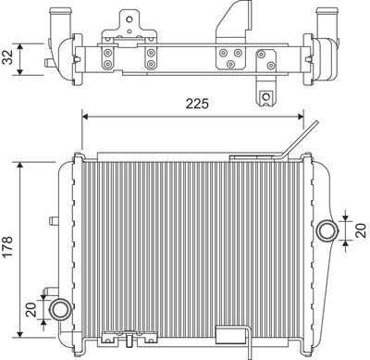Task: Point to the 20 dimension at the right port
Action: tap(356, 230)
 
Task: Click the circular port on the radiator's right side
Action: tap(325, 230)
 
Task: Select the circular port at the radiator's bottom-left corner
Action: tap(60, 309)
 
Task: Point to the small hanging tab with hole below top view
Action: tap(267, 98)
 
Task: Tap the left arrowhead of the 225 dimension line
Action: tap(87, 116)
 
